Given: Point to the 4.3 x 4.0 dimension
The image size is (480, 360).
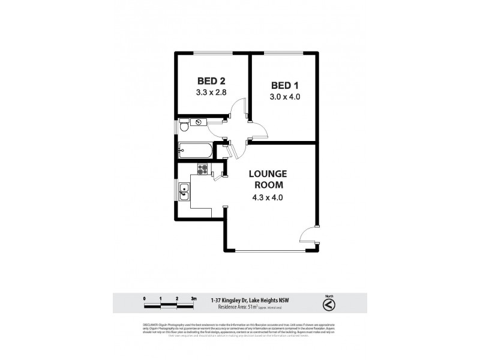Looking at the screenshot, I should (x=268, y=196).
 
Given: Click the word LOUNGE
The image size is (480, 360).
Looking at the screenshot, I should (x=268, y=174).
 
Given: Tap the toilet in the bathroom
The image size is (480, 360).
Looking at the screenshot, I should (x=184, y=128).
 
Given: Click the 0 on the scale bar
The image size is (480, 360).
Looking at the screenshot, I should (x=145, y=298).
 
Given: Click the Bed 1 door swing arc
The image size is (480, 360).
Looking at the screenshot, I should (x=256, y=130).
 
